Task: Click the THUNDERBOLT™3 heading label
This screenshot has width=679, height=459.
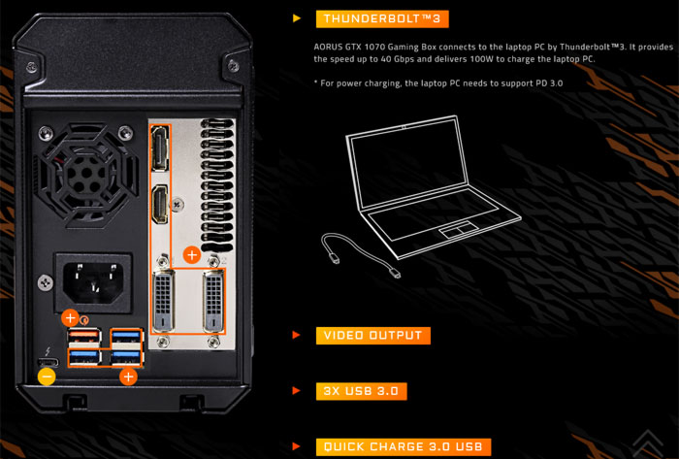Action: pos(382,19)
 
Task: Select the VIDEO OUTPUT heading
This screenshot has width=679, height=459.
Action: pos(372,336)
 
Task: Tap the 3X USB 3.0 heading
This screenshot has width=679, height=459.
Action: pos(361,391)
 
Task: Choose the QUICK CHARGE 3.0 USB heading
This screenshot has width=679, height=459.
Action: pos(404,447)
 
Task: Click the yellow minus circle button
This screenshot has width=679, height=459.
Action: pos(47,377)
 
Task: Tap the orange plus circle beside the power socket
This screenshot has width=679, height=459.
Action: pos(70,318)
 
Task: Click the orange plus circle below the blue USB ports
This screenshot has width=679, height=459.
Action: pos(128,377)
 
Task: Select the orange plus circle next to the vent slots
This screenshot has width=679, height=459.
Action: pos(192,255)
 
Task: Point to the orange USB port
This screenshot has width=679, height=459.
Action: pos(84,335)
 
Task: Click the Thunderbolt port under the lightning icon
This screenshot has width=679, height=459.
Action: pos(47,362)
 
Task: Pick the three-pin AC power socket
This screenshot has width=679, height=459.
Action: pos(93,283)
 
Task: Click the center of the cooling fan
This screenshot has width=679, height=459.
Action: pos(87,173)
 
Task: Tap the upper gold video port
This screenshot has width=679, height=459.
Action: pos(159,148)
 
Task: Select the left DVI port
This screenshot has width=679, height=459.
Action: pos(164,300)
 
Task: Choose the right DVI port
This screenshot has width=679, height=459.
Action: pos(213,300)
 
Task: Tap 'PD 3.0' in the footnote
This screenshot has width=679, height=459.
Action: pos(549,82)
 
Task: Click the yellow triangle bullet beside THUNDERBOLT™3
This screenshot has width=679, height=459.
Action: pos(297,18)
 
